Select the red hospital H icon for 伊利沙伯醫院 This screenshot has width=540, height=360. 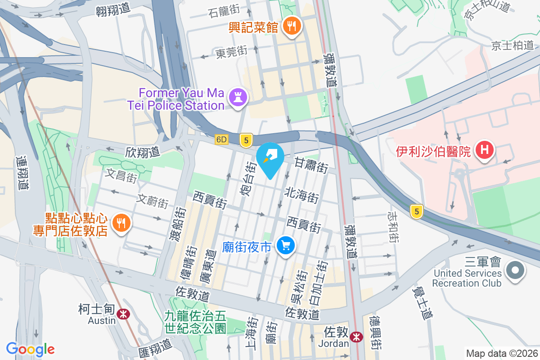coord(485,150)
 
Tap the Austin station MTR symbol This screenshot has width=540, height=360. coord(121,314)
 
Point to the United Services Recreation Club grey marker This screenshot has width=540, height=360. coord(516,271)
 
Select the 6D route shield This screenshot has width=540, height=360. coord(221,139)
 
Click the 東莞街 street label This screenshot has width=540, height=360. coord(231,53)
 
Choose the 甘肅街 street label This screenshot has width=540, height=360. coord(311,165)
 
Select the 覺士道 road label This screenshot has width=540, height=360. coord(422,303)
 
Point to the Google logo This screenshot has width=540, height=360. coord(30,349)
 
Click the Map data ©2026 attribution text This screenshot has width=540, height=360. coord(501,354)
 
